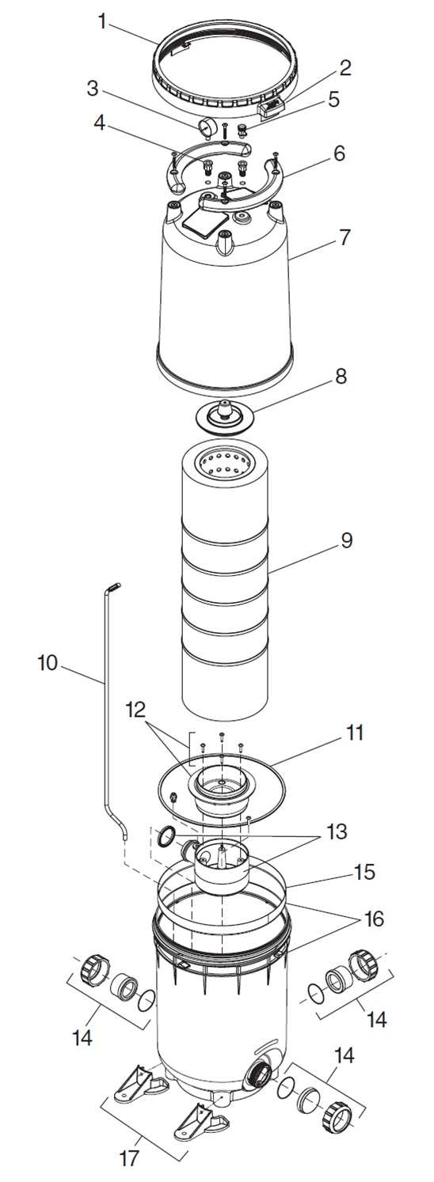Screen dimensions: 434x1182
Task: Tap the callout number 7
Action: coord(345,237)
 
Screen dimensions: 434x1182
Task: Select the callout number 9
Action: coord(346,541)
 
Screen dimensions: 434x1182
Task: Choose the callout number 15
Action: coord(364,872)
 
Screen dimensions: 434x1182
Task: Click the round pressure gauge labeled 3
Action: coord(205,127)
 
